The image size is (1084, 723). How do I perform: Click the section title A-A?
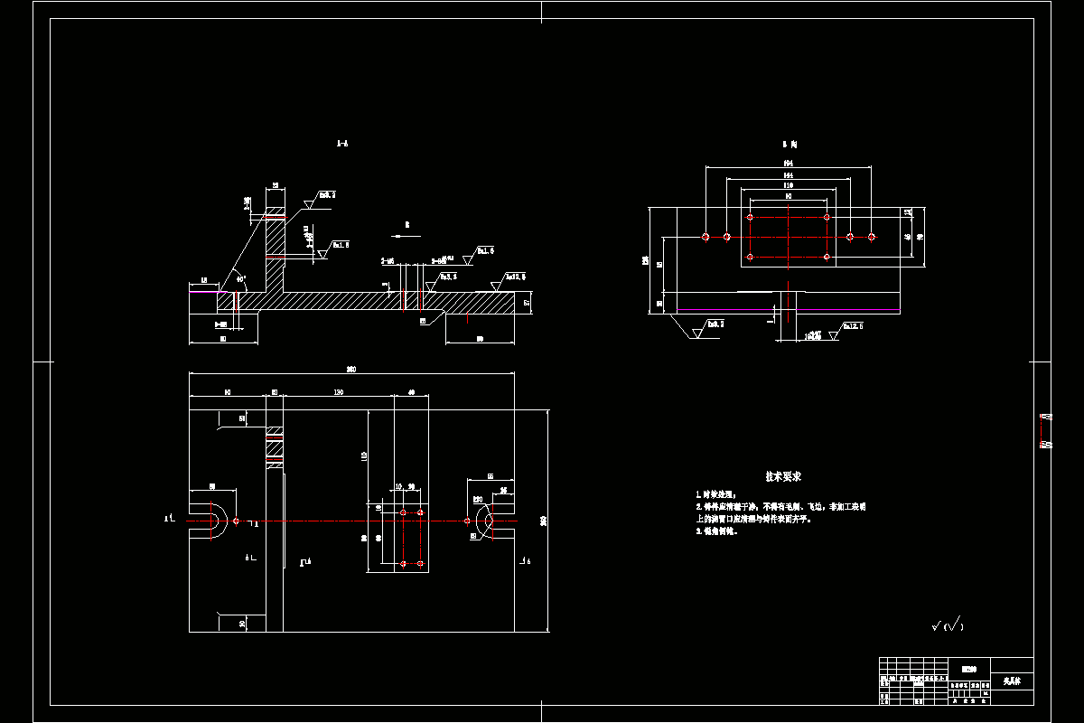coord(342,143)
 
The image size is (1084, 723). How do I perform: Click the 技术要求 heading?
coord(784,476)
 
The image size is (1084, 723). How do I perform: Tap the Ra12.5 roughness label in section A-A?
coord(515,277)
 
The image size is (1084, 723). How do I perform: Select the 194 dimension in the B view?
coord(789,163)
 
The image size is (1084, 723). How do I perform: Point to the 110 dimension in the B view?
coord(789,184)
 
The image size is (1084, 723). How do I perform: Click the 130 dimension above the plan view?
coord(338,392)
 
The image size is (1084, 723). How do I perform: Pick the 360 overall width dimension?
coord(350,369)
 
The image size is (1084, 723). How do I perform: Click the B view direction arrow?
coord(407,233)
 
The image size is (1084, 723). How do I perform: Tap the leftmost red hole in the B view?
coord(706,237)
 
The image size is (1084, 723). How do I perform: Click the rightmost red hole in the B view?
coord(872,237)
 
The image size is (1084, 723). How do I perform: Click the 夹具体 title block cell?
coord(1012,680)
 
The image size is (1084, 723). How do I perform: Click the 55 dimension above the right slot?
coord(491,475)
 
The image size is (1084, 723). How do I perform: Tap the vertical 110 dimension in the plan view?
coord(364,456)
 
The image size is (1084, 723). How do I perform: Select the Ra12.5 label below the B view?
coord(852,326)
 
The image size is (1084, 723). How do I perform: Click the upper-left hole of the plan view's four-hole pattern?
coord(403,512)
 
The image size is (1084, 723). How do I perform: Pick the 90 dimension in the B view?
coord(789,195)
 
